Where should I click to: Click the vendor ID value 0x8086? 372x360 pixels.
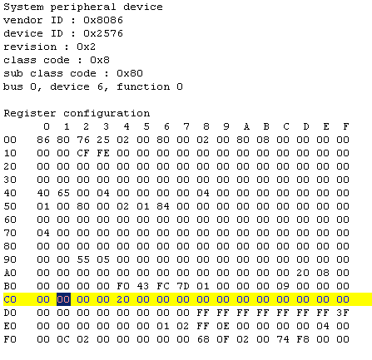click(x=103, y=20)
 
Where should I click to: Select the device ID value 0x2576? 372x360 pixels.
click(x=103, y=33)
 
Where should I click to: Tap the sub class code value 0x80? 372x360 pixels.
click(x=130, y=73)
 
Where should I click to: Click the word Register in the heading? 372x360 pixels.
click(x=30, y=114)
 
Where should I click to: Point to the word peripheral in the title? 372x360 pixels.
click(x=83, y=7)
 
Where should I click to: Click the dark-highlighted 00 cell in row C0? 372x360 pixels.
click(x=63, y=299)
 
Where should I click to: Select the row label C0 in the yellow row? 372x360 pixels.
click(x=10, y=299)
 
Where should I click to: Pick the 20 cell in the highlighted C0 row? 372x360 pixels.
click(x=123, y=299)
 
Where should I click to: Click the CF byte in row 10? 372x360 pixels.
click(x=83, y=153)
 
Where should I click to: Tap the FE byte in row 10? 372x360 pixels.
click(x=103, y=153)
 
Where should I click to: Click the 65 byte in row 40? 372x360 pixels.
click(x=63, y=193)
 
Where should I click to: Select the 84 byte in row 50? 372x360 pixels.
click(x=163, y=206)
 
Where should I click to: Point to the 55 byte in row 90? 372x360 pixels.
click(x=83, y=259)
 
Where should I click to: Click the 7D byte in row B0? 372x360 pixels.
click(x=183, y=286)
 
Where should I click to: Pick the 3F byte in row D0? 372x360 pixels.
click(x=343, y=313)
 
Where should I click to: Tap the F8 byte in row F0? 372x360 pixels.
click(x=303, y=339)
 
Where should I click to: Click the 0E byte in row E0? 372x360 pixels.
click(x=223, y=326)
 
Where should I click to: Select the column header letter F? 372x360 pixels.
click(x=346, y=126)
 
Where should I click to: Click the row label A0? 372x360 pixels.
click(x=10, y=273)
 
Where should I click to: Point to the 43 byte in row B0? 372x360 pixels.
click(x=143, y=286)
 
